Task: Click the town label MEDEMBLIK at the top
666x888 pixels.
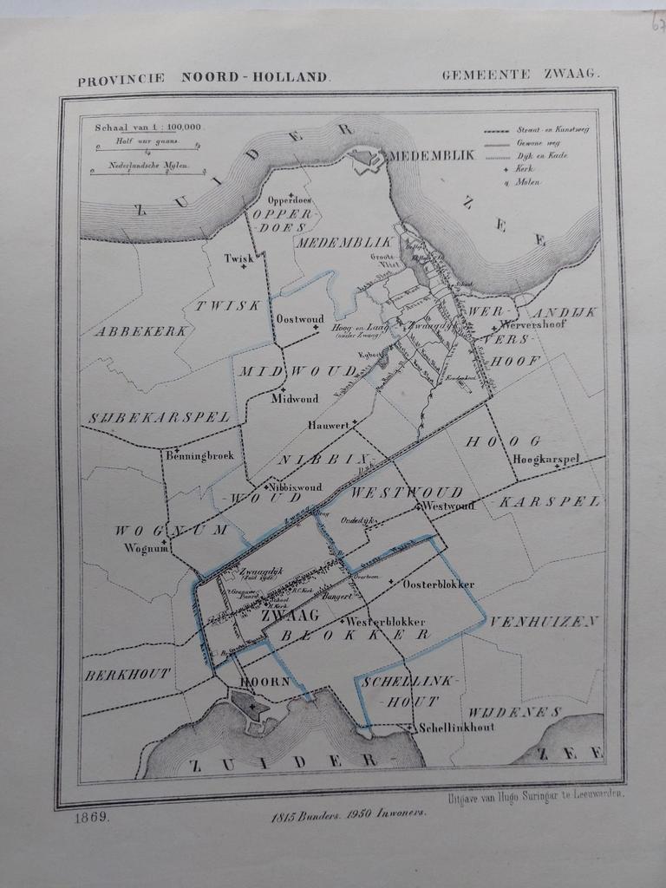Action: (x=431, y=155)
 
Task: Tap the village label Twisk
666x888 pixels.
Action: (x=238, y=258)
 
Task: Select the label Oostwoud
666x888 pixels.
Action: (x=298, y=319)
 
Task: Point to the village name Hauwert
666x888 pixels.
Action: (x=328, y=426)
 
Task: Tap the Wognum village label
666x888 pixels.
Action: (x=145, y=548)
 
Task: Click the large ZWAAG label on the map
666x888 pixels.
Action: (x=290, y=615)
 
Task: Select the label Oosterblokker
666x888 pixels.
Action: (x=438, y=584)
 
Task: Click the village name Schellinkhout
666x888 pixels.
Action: (x=455, y=727)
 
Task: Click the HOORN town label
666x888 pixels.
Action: (x=264, y=682)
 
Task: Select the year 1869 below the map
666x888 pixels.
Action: (x=92, y=817)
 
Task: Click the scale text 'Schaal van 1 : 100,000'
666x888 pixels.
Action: (x=147, y=127)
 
